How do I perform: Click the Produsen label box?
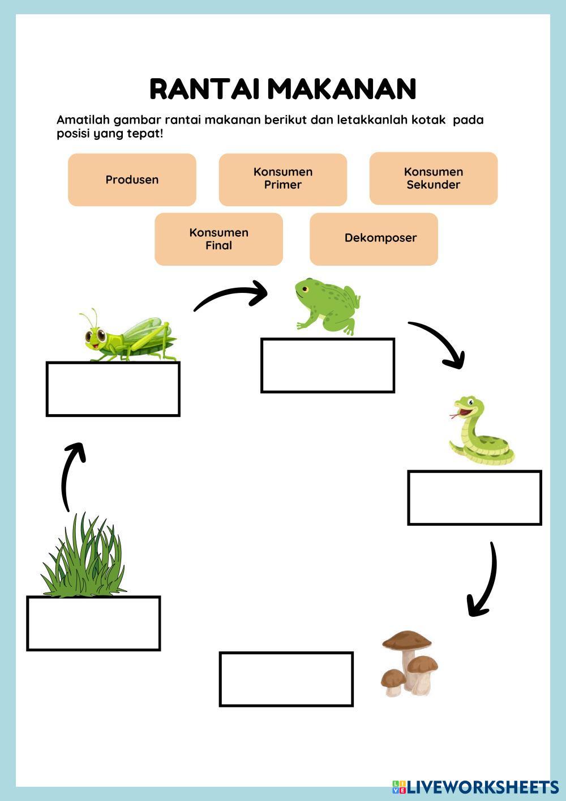pos(132,180)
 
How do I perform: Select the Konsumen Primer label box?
pos(282,178)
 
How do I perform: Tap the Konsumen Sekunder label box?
pos(433,178)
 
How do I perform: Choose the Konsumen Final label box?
pos(218,239)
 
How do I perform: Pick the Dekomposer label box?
pos(374,238)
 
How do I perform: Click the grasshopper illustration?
pos(129,337)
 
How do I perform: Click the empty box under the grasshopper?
pos(113,389)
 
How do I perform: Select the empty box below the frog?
pos(327,365)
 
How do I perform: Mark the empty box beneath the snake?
pos(474,497)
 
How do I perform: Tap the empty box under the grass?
pos(93,623)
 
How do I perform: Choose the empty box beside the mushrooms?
pos(286,679)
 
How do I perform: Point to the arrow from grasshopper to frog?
pos(229,296)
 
